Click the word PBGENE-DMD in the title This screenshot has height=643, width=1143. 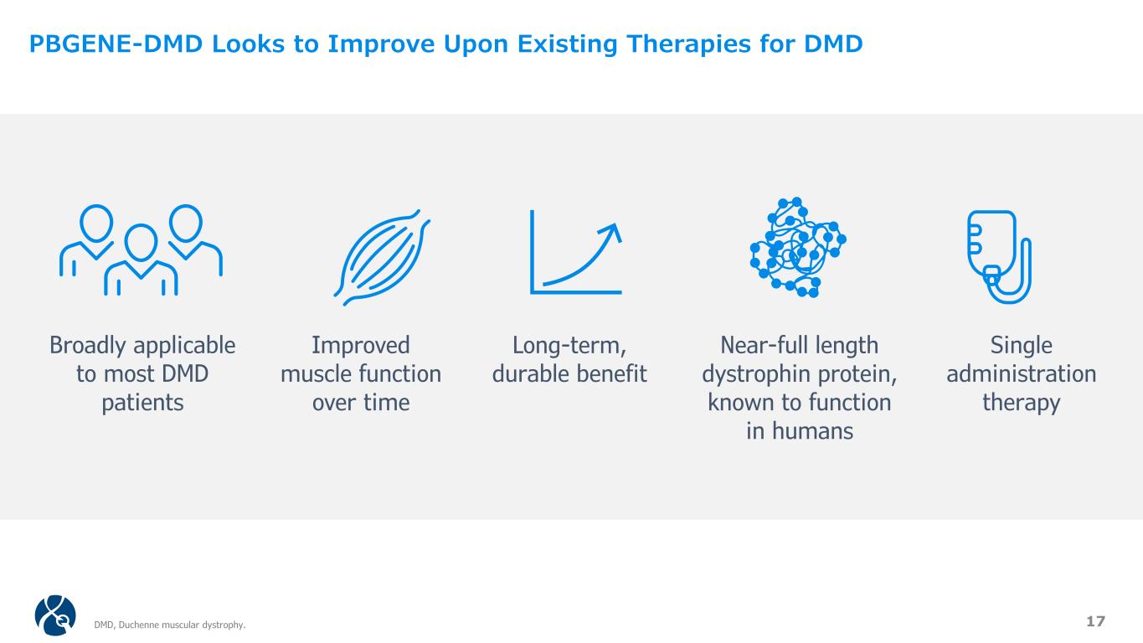pyautogui.click(x=116, y=44)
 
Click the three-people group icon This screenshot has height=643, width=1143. pyautogui.click(x=141, y=250)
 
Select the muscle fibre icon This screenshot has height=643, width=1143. pyautogui.click(x=382, y=257)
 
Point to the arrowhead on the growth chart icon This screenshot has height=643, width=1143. pyautogui.click(x=612, y=231)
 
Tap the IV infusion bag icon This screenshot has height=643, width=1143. pyautogui.click(x=999, y=257)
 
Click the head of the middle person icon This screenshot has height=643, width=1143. pyautogui.click(x=141, y=243)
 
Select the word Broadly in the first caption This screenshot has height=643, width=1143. pyautogui.click(x=87, y=346)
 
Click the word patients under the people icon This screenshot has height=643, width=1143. pyautogui.click(x=142, y=404)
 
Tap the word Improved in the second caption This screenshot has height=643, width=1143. pyautogui.click(x=361, y=346)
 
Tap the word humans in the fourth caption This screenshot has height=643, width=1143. pyautogui.click(x=812, y=431)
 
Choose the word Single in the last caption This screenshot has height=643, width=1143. pyautogui.click(x=1021, y=346)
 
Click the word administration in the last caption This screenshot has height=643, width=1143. pyautogui.click(x=1021, y=374)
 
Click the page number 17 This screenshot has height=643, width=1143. pyautogui.click(x=1095, y=621)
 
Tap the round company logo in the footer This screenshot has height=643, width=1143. pyautogui.click(x=55, y=615)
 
